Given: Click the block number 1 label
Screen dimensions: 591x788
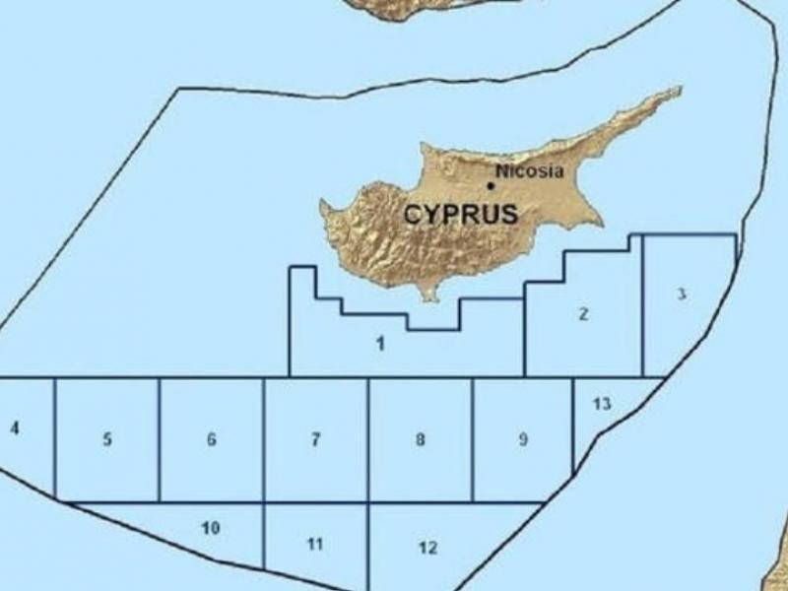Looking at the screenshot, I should [x=380, y=343].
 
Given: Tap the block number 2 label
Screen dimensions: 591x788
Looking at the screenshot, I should [x=583, y=314].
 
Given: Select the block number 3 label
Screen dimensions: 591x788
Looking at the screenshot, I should [x=683, y=295].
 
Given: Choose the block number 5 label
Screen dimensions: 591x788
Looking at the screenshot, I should [x=107, y=440].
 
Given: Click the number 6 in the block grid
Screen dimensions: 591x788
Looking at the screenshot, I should [x=211, y=440].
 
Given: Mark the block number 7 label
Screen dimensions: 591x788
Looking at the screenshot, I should [x=315, y=440].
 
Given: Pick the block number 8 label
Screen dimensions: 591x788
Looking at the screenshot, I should [x=421, y=440].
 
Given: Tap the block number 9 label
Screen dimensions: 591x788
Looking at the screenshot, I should [x=523, y=440].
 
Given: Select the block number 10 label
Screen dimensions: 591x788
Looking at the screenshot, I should [x=210, y=529].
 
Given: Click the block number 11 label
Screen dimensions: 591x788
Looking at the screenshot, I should [x=315, y=544].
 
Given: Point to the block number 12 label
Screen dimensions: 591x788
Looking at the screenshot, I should [x=427, y=548].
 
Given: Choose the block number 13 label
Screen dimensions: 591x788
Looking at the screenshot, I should [x=603, y=404].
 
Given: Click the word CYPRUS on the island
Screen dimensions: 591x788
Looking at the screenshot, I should [x=460, y=215].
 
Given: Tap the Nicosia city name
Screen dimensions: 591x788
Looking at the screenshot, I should [x=530, y=171].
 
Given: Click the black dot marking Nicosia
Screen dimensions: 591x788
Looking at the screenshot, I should [x=491, y=185].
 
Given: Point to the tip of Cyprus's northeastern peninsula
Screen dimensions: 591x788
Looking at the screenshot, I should [x=678, y=90].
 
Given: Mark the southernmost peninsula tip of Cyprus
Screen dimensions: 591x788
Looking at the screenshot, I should [x=429, y=298].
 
